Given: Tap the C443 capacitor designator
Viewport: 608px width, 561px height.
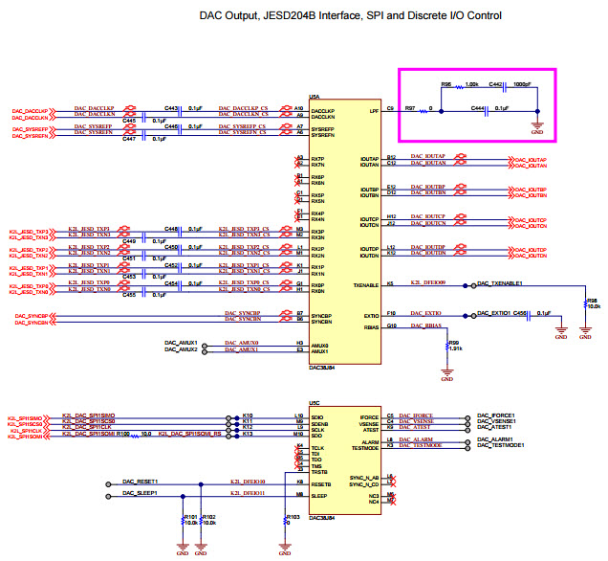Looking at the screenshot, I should click(x=171, y=107).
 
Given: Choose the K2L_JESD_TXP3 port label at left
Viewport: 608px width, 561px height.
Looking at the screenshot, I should click(x=29, y=231).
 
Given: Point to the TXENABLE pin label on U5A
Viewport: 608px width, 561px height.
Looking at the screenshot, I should click(x=366, y=285).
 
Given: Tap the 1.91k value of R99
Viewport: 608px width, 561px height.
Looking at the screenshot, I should click(x=456, y=350).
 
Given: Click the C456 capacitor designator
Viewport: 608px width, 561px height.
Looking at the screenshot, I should click(x=520, y=313).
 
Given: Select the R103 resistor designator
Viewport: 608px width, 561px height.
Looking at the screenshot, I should click(x=293, y=517).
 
